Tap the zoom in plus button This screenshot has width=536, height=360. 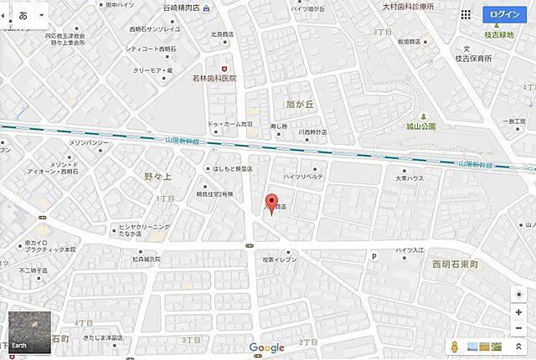[519, 311]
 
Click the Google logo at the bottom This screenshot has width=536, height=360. [267, 347]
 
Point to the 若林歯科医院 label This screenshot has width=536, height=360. [215, 78]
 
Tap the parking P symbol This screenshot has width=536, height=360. [374, 256]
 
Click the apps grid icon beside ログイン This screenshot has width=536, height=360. [466, 14]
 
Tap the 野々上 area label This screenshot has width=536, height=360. [157, 177]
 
